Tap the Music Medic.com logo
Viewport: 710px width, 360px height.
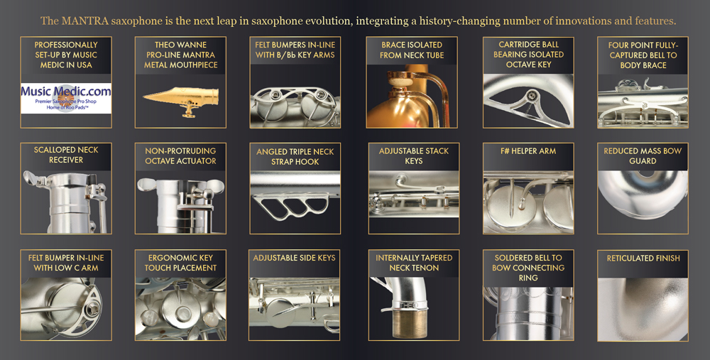pyautogui.click(x=66, y=98)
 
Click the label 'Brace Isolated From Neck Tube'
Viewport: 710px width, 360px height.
pyautogui.click(x=412, y=50)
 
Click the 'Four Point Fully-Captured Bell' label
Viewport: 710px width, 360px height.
pyautogui.click(x=643, y=55)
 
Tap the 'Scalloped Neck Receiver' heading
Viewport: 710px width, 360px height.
pyautogui.click(x=66, y=155)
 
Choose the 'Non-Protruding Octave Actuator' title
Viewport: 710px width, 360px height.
pyautogui.click(x=180, y=156)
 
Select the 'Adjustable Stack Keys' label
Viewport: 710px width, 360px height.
pyautogui.click(x=414, y=156)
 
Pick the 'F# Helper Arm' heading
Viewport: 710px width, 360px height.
pyautogui.click(x=528, y=151)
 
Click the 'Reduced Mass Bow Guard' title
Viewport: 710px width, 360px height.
pyautogui.click(x=643, y=156)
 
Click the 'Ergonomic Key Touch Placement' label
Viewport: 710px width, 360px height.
pyautogui.click(x=180, y=263)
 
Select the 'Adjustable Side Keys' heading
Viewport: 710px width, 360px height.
pyautogui.click(x=295, y=258)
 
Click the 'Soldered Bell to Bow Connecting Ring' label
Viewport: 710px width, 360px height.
pyautogui.click(x=528, y=268)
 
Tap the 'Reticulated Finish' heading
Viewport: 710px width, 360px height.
pyautogui.click(x=643, y=258)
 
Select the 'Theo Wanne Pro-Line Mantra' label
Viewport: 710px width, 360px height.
pyautogui.click(x=180, y=55)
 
